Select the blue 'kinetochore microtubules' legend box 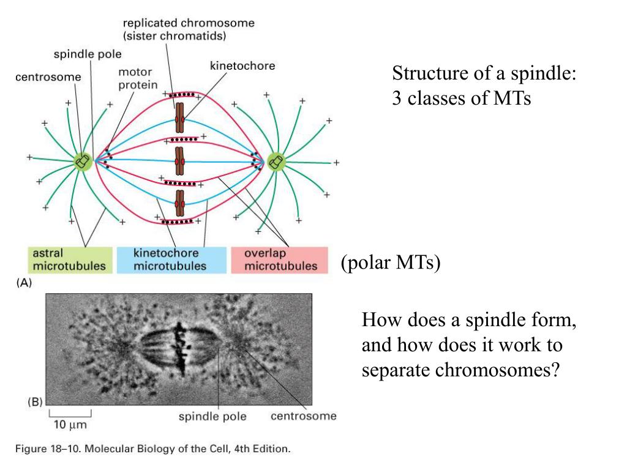(170, 259)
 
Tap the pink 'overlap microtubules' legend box (280, 259)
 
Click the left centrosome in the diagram (83, 161)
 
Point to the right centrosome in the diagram (276, 161)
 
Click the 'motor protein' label (138, 78)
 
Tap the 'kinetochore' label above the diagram (242, 65)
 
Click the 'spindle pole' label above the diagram (88, 54)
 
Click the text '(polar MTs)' (391, 264)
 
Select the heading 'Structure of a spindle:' (485, 74)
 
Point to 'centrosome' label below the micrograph (303, 417)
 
